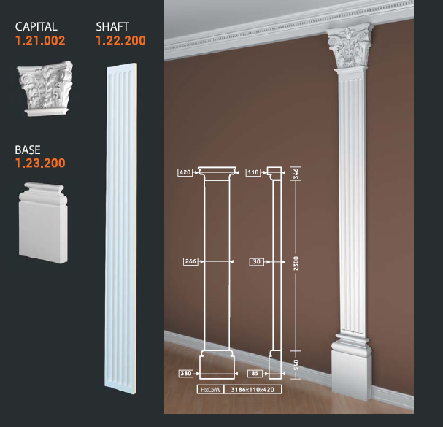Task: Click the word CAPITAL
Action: (36, 27)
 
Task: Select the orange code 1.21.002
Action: (40, 41)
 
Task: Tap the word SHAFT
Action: (112, 27)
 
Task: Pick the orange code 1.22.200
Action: (120, 41)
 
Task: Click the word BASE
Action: (28, 150)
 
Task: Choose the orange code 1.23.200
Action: (40, 164)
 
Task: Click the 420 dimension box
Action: (185, 172)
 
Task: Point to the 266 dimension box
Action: (190, 261)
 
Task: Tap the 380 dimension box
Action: (186, 373)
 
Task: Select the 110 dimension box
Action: (253, 172)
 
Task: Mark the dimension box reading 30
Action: (257, 262)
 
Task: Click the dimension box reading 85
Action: (255, 373)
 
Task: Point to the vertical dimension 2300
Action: (296, 263)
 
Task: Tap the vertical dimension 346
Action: (296, 174)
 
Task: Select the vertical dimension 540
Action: (296, 365)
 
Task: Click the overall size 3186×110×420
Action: (253, 390)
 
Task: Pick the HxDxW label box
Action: (210, 390)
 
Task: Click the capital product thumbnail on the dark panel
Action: (45, 88)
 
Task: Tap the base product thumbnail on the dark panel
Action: (43, 223)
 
